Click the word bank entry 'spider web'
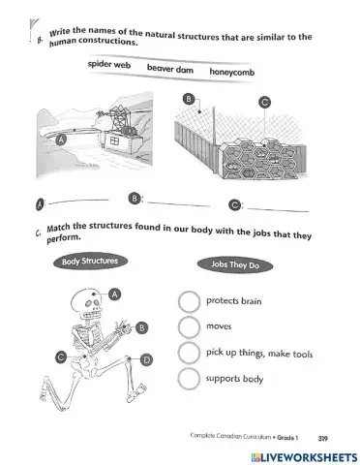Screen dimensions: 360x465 coord(109,64)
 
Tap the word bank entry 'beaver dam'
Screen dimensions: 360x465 coord(170,69)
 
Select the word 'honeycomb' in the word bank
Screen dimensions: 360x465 coord(232,72)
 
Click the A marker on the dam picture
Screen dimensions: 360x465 coord(61,139)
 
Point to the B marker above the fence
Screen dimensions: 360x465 coord(189,99)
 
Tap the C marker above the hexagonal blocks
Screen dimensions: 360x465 coord(264,103)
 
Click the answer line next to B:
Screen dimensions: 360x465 coord(179,204)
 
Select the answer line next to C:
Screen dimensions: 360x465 coord(278,210)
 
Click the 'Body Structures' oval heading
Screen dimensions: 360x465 coord(90,262)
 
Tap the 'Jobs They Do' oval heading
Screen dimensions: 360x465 coord(235,265)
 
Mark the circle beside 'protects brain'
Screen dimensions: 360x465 coord(189,301)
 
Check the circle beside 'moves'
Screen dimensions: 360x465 coord(189,326)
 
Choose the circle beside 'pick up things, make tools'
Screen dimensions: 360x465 coord(189,353)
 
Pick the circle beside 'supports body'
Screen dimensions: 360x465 coord(189,379)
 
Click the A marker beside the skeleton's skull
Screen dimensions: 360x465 coord(114,294)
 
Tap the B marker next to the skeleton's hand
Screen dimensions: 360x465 coord(141,327)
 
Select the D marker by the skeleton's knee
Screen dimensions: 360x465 coord(146,359)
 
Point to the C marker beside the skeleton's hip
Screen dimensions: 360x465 coord(61,357)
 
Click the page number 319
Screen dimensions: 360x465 coord(322,439)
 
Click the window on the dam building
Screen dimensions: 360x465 coord(115,140)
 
